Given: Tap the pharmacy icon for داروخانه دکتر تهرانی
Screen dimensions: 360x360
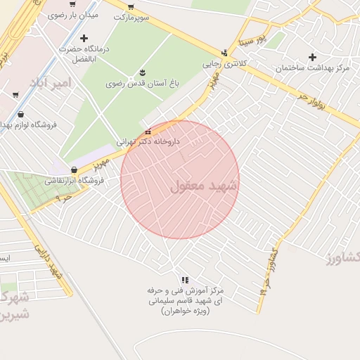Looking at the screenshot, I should coord(148,131).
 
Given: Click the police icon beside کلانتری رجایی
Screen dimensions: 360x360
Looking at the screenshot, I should coord(224,53).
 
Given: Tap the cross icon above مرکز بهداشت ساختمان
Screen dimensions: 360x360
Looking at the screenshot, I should coord(313,57).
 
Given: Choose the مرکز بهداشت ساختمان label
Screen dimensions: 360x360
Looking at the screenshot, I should coord(313,68).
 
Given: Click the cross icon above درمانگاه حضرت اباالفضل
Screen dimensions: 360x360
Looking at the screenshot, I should coord(84,38).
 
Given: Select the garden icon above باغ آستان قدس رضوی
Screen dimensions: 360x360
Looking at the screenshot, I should coord(143,72).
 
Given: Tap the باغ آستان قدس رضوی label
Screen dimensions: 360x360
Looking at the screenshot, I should coord(143,83).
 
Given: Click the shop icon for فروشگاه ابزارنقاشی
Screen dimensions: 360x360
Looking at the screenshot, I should coord(74,169).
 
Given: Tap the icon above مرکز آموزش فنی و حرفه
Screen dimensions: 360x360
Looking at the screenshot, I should coord(185,280).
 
